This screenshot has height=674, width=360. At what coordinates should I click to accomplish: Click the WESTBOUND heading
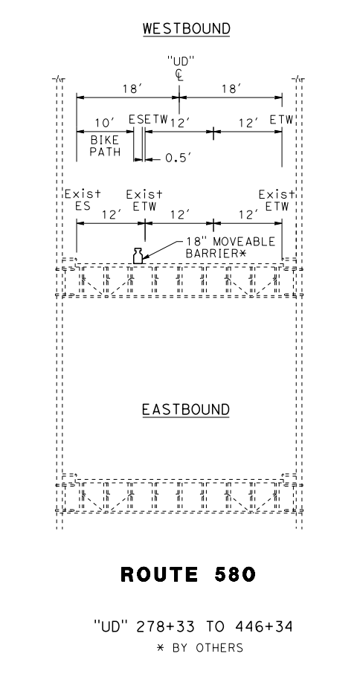pyautogui.click(x=187, y=29)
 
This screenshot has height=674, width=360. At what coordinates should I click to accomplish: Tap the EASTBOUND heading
pyautogui.click(x=186, y=409)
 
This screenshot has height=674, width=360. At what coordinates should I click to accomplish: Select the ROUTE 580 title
pyautogui.click(x=188, y=574)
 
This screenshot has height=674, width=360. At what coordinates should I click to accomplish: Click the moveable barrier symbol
pyautogui.click(x=138, y=256)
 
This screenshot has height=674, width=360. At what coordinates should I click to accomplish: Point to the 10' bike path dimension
pyautogui.click(x=103, y=123)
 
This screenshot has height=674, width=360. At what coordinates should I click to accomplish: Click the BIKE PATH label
pyautogui.click(x=106, y=146)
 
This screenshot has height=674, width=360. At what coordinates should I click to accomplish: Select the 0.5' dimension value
pyautogui.click(x=178, y=158)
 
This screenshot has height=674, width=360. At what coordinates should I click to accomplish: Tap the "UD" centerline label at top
pyautogui.click(x=179, y=61)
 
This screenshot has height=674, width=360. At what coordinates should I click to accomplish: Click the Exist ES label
pyautogui.click(x=83, y=200)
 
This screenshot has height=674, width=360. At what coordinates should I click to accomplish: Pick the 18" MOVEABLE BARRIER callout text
pyautogui.click(x=231, y=247)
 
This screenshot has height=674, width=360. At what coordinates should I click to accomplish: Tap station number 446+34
pyautogui.click(x=263, y=626)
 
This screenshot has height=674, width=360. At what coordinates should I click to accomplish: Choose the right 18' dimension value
pyautogui.click(x=231, y=89)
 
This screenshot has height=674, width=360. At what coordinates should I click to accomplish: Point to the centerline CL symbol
pyautogui.click(x=179, y=75)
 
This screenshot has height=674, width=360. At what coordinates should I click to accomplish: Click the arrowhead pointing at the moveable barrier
pyautogui.click(x=146, y=257)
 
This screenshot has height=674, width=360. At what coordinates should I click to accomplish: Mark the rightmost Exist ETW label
pyautogui.click(x=277, y=200)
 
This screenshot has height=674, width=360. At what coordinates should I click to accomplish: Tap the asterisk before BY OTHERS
pyautogui.click(x=161, y=647)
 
